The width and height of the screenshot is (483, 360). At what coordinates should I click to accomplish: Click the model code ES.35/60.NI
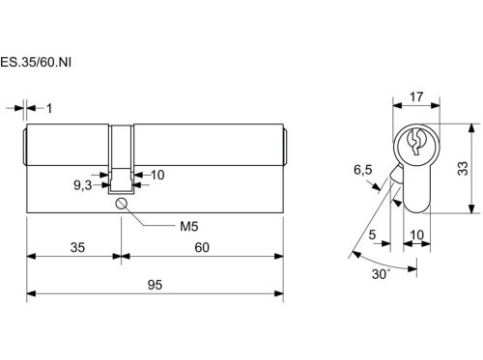tap(36, 62)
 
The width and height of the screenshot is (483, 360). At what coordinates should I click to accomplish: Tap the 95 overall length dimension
tap(155, 285)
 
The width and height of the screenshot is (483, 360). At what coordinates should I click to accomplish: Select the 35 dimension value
tap(77, 247)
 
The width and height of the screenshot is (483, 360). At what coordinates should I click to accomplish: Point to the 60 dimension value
tap(202, 247)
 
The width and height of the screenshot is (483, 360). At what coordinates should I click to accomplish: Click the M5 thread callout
tap(189, 227)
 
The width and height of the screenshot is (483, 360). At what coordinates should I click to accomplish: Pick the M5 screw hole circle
tap(121, 204)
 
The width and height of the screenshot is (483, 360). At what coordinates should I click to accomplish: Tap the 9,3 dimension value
tap(83, 185)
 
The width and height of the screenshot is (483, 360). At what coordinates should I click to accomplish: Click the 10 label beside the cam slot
tap(157, 175)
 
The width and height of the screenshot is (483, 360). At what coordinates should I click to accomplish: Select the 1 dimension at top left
tap(49, 108)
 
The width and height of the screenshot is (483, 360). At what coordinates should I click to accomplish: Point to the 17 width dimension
tap(416, 97)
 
